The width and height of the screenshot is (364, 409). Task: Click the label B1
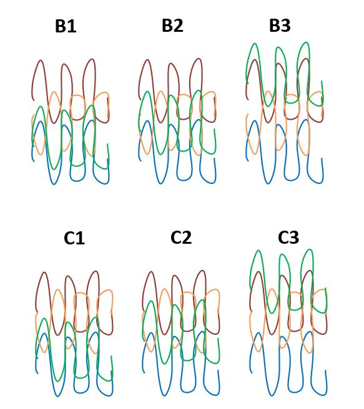66,26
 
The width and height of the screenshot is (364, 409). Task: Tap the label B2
172,26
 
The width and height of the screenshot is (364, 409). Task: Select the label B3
280,26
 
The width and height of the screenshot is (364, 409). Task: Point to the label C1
74,238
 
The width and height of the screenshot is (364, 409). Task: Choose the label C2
181,238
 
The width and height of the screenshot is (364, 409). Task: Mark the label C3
288,238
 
